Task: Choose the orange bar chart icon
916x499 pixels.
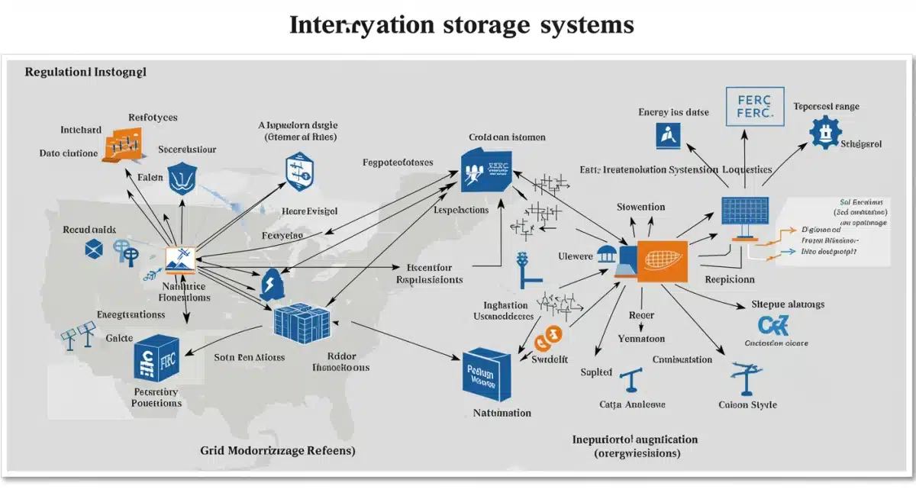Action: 125,145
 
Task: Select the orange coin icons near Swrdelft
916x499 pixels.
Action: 547,336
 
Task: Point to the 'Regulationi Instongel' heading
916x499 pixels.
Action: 85,72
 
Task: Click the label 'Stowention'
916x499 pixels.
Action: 640,207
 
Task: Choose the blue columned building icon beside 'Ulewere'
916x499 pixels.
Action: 608,256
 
